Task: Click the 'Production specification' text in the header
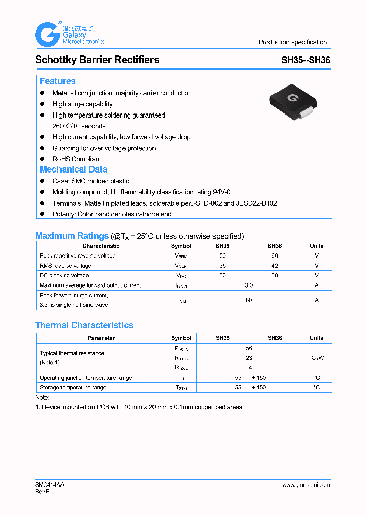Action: tap(292, 42)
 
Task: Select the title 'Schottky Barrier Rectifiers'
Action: tap(97, 60)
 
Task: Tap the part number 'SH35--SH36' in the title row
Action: tap(306, 60)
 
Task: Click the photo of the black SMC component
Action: tap(289, 102)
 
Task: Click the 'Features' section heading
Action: tap(57, 81)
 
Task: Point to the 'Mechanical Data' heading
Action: tap(73, 169)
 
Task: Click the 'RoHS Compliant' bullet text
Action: tap(76, 159)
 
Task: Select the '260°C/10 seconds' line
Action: tap(79, 126)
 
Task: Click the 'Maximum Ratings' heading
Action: tap(72, 236)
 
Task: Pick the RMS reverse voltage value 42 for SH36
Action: tap(274, 266)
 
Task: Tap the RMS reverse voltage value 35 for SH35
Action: tap(222, 266)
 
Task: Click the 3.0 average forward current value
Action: tap(248, 285)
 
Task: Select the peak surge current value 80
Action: tap(248, 300)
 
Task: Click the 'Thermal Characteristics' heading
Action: tap(84, 325)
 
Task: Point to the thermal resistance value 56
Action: tap(249, 348)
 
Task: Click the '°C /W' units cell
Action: tap(316, 358)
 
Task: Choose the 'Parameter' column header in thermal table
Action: tap(101, 338)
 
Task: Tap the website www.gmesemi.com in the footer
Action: tap(306, 485)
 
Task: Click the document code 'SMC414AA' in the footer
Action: tap(50, 485)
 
